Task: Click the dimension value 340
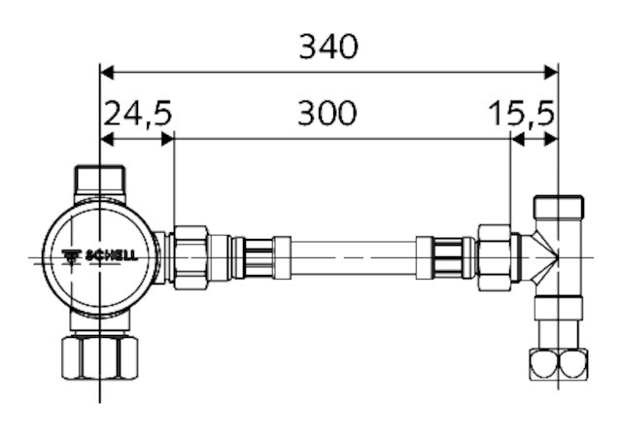tap(328, 45)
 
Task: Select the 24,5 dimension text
tap(137, 114)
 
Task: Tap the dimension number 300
tap(327, 114)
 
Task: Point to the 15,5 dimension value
tap(522, 114)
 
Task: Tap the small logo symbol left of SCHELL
tap(74, 257)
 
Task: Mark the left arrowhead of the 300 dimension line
tap(181, 139)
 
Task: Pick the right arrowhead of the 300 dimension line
tap(502, 139)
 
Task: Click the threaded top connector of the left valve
tap(101, 179)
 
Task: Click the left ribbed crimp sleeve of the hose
tap(257, 257)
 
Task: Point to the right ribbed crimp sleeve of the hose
tap(445, 257)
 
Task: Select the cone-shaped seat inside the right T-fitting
tap(544, 257)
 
